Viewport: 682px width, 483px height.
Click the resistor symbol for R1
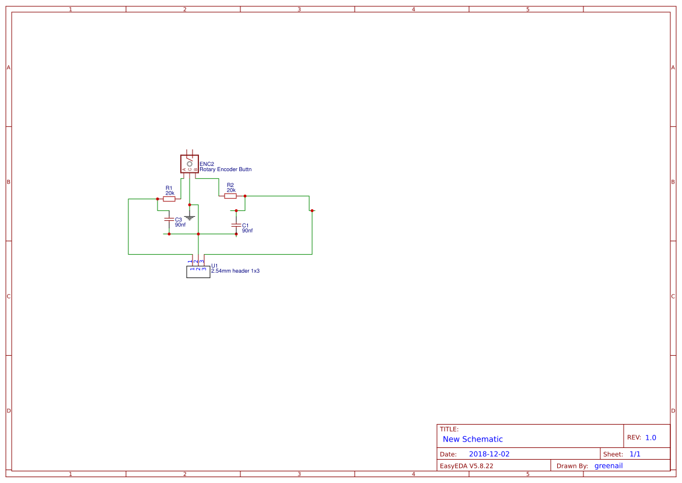(x=169, y=199)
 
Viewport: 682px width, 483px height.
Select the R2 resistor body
(x=230, y=196)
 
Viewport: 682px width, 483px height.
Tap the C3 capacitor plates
(x=169, y=220)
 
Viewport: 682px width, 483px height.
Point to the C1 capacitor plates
(x=236, y=225)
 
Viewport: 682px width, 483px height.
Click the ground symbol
(x=190, y=217)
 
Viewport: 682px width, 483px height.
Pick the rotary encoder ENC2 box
(x=190, y=164)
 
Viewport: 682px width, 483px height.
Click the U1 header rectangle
(x=198, y=272)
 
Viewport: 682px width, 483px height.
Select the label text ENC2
(x=207, y=164)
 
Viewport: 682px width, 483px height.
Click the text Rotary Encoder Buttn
(x=226, y=169)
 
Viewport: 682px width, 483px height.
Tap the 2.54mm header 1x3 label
(x=235, y=271)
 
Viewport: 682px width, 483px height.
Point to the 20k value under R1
(x=170, y=193)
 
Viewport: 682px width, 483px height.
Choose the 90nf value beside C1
(x=247, y=231)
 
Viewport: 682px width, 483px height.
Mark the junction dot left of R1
(x=158, y=199)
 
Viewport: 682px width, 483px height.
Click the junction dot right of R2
(x=245, y=196)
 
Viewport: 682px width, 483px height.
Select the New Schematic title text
(x=473, y=439)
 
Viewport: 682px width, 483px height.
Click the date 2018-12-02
(x=489, y=454)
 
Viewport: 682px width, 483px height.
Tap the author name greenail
(x=608, y=466)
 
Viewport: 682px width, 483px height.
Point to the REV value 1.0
(x=650, y=437)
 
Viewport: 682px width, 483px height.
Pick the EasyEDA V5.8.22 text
(x=466, y=466)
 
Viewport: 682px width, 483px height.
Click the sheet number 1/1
(x=635, y=454)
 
